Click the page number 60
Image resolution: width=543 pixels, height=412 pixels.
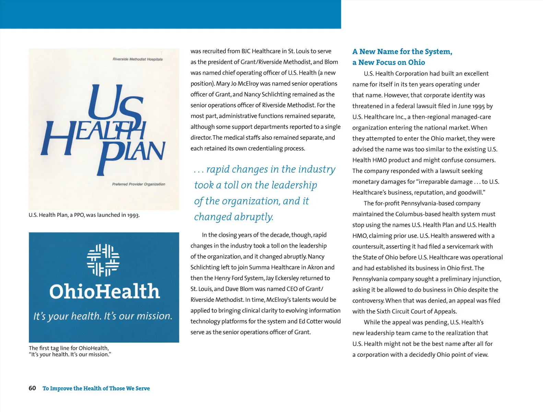pos(32,388)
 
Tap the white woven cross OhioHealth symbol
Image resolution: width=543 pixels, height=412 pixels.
pos(103,260)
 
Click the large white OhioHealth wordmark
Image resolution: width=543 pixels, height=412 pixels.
pos(104,292)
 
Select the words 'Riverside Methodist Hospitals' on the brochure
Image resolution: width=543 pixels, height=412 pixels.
pos(138,59)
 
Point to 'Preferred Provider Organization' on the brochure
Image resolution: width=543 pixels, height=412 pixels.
pos(138,184)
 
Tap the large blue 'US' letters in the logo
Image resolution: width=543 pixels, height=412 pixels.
pos(113,103)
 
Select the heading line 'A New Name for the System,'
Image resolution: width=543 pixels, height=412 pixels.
pos(402,51)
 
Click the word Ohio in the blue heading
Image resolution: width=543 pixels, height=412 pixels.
pos(416,62)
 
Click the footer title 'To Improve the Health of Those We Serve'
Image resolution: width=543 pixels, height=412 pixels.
pos(96,388)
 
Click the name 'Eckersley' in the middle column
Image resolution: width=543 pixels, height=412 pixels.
pos(288,278)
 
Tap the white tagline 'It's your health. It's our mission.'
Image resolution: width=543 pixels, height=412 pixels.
pos(103,316)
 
